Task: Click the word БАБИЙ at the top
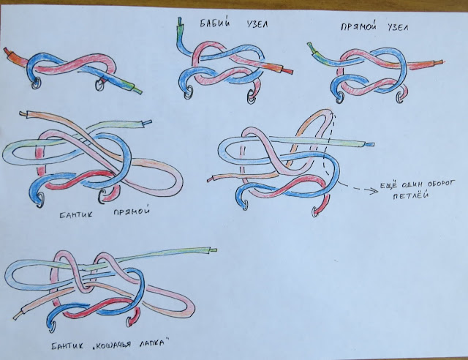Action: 215,23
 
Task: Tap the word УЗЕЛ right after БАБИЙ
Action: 257,24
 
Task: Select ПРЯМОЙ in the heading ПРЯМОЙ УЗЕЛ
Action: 358,27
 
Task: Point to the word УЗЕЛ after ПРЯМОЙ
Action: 398,28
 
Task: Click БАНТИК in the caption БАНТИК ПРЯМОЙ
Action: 76,214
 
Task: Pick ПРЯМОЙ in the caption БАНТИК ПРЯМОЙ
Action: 132,211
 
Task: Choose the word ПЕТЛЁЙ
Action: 411,195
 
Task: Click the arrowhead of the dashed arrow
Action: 375,190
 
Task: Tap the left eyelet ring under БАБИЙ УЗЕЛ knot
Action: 189,92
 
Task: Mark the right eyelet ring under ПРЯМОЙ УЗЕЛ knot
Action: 400,96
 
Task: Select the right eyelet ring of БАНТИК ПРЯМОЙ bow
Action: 102,196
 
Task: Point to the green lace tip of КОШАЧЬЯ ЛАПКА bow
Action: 213,250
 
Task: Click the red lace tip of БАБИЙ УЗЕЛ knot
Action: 287,71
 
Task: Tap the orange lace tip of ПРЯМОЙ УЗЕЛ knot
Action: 439,62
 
